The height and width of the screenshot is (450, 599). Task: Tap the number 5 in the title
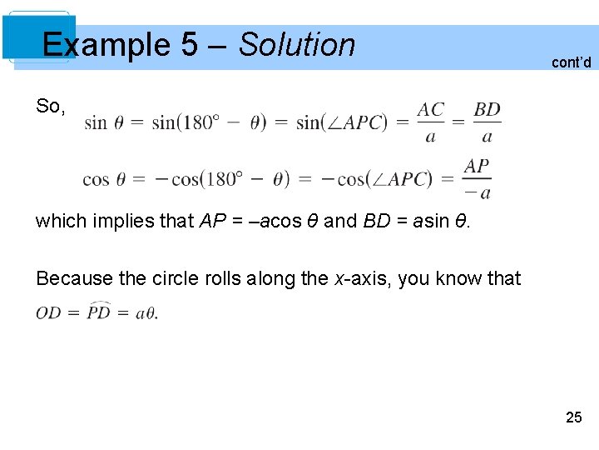[190, 45]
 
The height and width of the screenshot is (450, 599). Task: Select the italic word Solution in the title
[297, 45]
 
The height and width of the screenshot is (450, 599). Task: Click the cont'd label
[572, 62]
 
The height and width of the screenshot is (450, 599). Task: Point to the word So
[50, 106]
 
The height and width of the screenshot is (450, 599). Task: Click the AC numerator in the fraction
[431, 110]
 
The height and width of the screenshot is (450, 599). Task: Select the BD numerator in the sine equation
[487, 110]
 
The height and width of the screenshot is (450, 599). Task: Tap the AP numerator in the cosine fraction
[477, 167]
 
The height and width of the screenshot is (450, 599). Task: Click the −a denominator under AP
[478, 193]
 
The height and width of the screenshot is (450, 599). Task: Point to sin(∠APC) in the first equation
[342, 122]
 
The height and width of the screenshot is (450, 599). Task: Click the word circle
[161, 278]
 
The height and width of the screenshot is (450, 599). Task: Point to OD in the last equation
[49, 313]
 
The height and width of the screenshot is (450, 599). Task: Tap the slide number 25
[574, 417]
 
